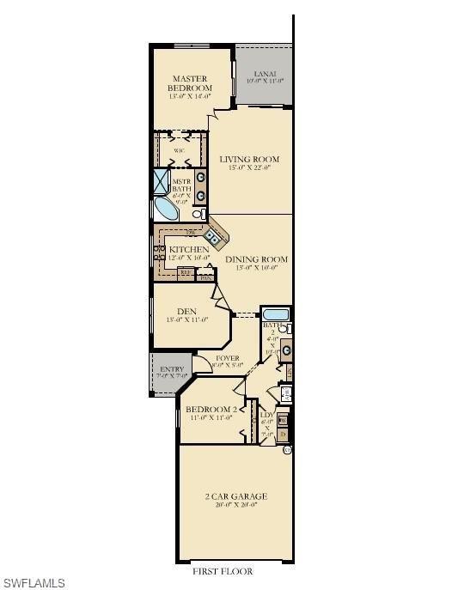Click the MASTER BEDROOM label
click(189, 83)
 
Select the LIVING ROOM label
click(249, 160)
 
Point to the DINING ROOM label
click(256, 259)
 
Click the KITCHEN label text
click(188, 250)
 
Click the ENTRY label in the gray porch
click(172, 370)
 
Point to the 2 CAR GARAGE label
click(235, 496)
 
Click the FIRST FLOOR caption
click(223, 571)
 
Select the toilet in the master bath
click(198, 213)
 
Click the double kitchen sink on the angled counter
click(212, 232)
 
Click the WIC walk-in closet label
click(179, 150)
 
